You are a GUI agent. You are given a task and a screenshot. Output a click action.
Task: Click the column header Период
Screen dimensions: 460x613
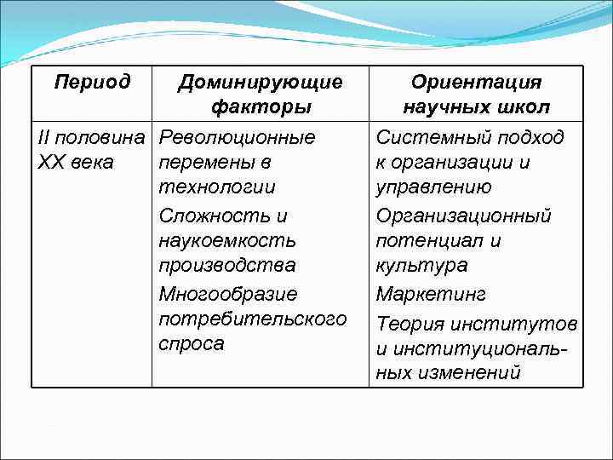point(92,83)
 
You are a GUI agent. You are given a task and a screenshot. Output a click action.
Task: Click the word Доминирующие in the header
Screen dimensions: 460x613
point(260,83)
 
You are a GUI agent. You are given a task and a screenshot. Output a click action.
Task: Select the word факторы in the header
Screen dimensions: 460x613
point(260,107)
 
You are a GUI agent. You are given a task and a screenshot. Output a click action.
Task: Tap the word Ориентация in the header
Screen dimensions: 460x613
point(476,83)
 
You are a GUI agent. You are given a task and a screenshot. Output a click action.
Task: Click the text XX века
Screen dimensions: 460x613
point(77,162)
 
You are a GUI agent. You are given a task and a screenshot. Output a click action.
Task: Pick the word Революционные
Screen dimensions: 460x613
point(237,136)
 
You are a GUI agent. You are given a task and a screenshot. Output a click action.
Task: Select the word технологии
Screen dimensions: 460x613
point(217,187)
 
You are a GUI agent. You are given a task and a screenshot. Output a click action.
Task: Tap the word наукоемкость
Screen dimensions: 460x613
point(227,240)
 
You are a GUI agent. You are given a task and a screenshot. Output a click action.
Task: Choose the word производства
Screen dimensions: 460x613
point(227,265)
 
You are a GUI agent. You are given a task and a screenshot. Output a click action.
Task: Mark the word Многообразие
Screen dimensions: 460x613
point(228,294)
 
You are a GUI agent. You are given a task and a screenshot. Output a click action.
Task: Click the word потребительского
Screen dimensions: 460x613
point(253,319)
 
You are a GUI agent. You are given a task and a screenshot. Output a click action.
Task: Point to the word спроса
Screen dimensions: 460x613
point(192,343)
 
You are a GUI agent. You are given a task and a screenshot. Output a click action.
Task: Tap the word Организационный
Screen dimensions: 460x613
point(463,216)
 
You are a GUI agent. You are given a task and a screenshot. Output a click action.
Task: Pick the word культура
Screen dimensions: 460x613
point(421,265)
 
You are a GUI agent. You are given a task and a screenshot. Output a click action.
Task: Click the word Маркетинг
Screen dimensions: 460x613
point(431,294)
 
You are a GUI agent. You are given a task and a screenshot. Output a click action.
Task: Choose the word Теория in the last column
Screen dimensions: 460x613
point(410,323)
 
